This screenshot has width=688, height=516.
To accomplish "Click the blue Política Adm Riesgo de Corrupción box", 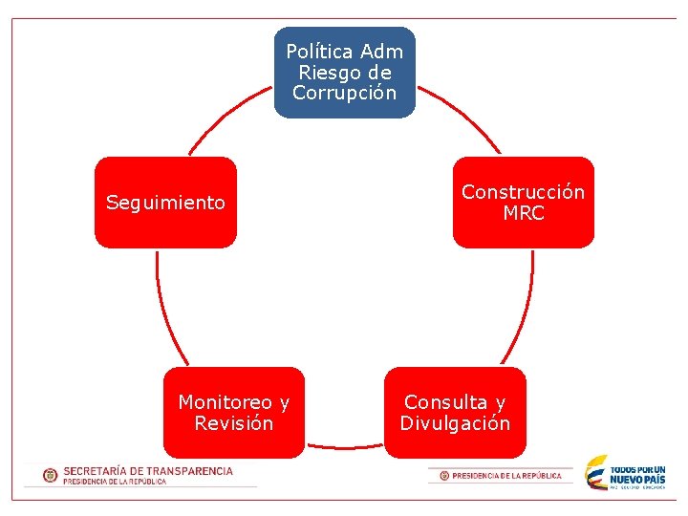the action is [x=345, y=73].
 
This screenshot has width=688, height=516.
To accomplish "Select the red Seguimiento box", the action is [x=165, y=203].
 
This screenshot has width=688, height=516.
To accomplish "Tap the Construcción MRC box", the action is [x=523, y=203].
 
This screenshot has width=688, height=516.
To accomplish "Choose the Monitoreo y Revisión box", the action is [x=234, y=413].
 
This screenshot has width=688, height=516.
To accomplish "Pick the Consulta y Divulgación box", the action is [x=455, y=413].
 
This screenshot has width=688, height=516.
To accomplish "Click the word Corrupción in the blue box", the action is [x=345, y=94].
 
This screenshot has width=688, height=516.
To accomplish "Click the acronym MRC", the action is [x=524, y=214].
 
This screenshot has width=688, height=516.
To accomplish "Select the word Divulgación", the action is [x=455, y=423].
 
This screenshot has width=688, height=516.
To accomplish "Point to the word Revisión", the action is [x=234, y=423].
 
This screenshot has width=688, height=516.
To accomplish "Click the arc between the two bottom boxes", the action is [x=344, y=445].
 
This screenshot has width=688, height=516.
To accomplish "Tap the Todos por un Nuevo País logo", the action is [x=626, y=474].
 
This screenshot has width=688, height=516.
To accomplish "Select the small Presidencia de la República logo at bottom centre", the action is [x=501, y=475].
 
